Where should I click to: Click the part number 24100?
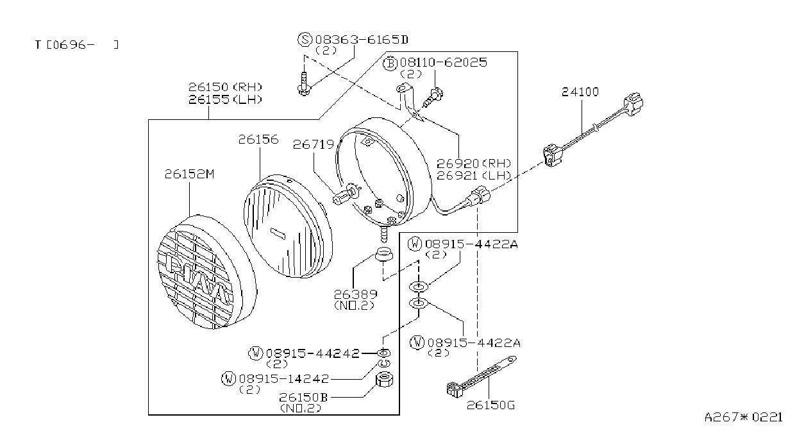pos(580,92)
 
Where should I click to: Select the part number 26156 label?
pos(258,140)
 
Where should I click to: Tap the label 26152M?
pos(189,174)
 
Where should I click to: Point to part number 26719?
pos(314,144)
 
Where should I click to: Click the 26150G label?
pos(490,405)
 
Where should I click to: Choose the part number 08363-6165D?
pos(362,40)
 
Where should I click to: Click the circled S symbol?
pos(305,39)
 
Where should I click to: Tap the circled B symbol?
pos(390,63)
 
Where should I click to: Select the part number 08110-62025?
pos(444,63)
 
